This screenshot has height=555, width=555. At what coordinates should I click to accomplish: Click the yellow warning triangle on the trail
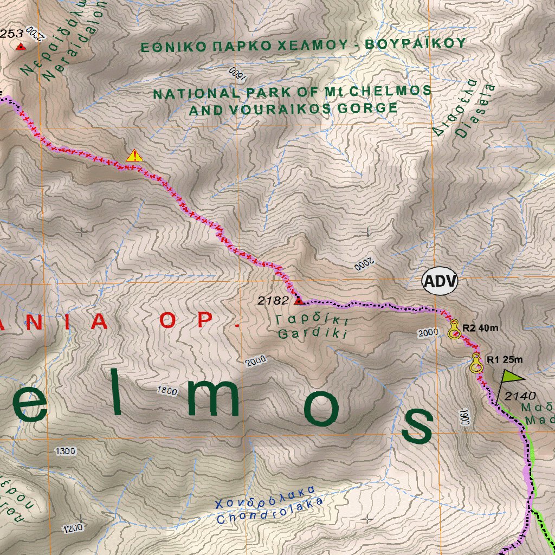(134, 156)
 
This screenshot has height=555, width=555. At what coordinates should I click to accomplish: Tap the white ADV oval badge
(440, 282)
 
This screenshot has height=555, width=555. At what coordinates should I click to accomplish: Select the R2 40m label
(480, 327)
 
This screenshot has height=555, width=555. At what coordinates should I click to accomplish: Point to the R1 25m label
(504, 359)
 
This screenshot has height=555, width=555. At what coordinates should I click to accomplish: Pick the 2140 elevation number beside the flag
(520, 396)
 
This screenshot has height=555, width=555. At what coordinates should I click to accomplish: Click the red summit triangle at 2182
(298, 299)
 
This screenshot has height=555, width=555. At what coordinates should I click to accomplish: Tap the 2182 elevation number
(273, 301)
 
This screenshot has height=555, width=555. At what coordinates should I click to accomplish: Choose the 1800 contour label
(166, 390)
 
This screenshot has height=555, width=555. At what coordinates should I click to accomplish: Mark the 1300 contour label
(66, 451)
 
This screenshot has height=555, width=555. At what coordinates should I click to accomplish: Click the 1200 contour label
(73, 527)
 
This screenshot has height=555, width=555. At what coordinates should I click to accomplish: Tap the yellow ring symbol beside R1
(476, 363)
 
